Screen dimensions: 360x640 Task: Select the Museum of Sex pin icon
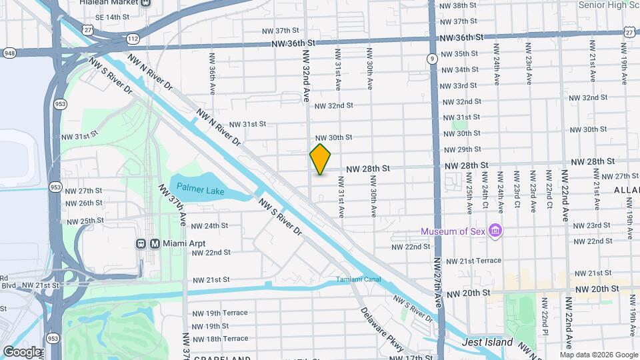coord(495,231)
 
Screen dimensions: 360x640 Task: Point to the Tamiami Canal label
coord(358,279)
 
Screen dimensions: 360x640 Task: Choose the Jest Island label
coord(488,343)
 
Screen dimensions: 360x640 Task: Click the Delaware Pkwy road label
coord(382,329)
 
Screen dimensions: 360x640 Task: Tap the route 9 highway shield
coord(433,59)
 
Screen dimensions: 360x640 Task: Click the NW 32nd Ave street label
coord(306,75)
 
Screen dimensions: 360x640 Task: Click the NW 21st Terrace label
coord(473,261)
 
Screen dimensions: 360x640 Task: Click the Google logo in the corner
coord(21,351)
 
